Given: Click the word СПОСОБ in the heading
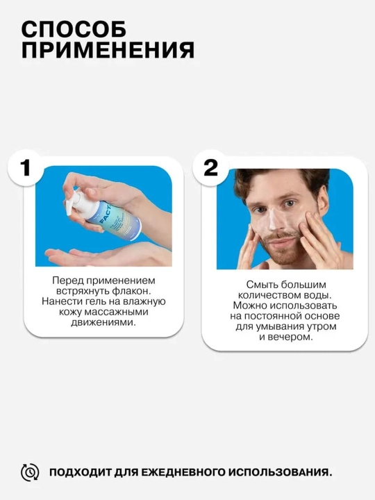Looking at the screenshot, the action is (x=74, y=29).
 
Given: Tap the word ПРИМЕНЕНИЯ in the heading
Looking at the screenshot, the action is (x=108, y=50).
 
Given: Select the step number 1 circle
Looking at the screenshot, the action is (x=25, y=168).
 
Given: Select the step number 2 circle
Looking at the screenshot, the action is (x=210, y=168).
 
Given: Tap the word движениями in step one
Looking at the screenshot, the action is (x=103, y=322).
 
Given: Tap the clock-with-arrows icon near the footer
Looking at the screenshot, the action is (x=30, y=472).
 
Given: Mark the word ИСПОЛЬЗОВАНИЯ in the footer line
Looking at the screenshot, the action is (x=282, y=472).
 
